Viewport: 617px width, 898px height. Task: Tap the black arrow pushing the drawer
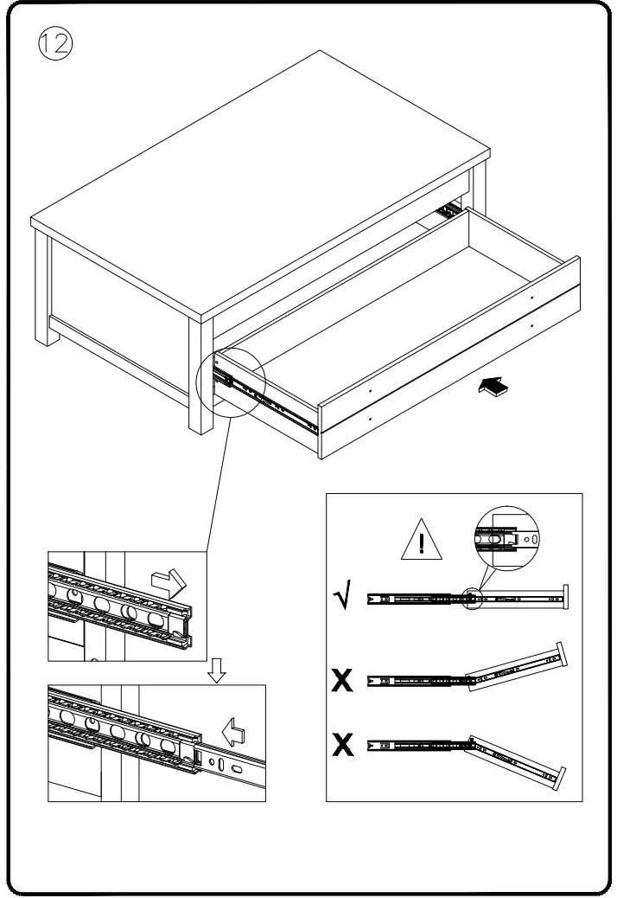pos(492,388)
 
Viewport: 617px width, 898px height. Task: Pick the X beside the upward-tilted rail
pos(342,681)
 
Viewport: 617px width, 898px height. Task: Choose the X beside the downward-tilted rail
pos(342,745)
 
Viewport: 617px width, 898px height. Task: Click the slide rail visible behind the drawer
pos(448,210)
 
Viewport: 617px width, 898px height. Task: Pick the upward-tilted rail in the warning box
pos(512,669)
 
